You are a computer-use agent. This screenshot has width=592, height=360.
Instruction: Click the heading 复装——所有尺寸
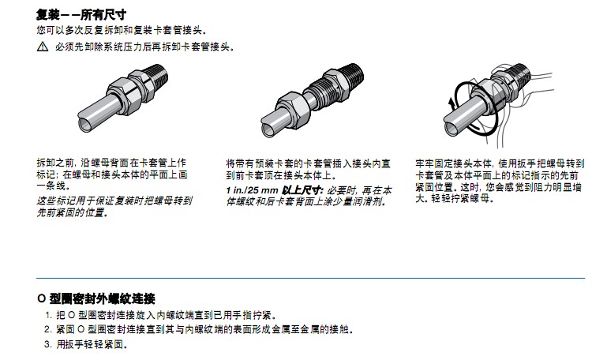pos(81,15)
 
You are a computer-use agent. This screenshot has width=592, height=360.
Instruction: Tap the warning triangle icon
pos(43,47)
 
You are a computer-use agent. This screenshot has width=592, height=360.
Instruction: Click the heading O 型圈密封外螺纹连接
pos(96,298)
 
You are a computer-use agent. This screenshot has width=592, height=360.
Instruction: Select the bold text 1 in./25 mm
pos(252,190)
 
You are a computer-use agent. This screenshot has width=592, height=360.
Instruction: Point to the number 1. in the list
pos(48,315)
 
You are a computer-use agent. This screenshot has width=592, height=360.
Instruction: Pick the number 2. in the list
pos(47,329)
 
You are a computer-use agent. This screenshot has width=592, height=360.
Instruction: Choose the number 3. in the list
pos(47,344)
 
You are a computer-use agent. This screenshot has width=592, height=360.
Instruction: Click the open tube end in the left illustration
pos(85,124)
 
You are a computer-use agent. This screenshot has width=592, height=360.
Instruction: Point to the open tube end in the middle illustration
pos(268,129)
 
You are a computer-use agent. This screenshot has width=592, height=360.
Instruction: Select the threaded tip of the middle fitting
pos(354,75)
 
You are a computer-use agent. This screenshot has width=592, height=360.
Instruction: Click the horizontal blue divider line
pos(310,278)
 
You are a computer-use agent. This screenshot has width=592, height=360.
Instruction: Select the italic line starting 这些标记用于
pos(114,201)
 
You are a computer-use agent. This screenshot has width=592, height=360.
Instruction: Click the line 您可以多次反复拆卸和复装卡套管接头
pos(122,30)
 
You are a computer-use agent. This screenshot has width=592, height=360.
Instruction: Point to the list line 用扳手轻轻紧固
pos(92,344)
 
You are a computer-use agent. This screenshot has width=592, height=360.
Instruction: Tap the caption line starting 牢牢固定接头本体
pos(500,163)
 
